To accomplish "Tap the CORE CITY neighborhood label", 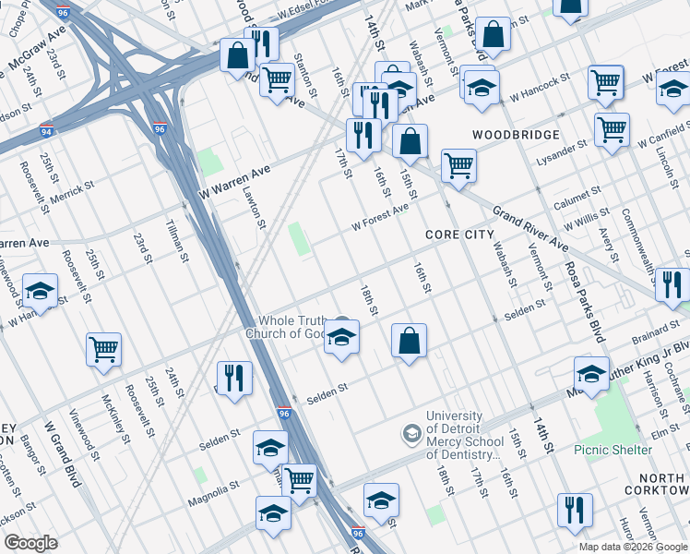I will click(x=460, y=235).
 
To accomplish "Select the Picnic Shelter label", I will click(x=613, y=450).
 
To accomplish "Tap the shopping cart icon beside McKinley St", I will click(x=104, y=348).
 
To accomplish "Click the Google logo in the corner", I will click(x=30, y=543).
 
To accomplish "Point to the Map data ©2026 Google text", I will click(x=632, y=547).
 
